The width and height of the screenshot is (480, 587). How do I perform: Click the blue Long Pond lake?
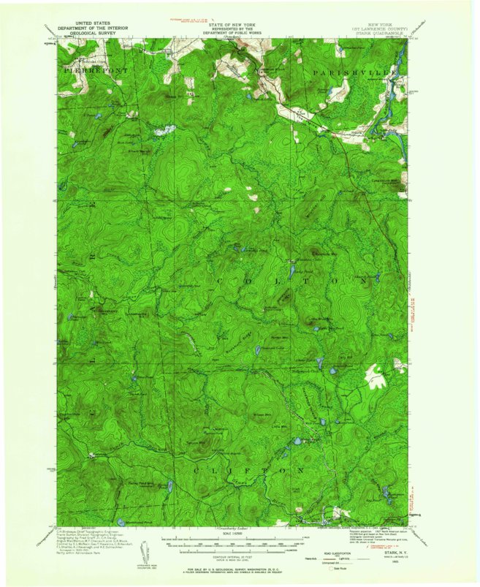290,271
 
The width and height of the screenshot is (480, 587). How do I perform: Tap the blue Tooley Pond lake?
168,485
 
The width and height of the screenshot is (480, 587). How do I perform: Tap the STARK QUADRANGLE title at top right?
379,33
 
